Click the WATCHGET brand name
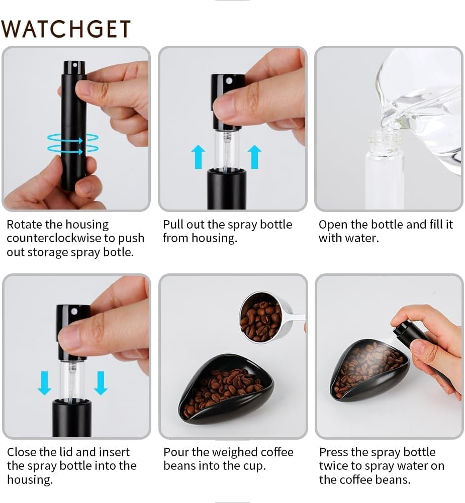(x=66, y=29)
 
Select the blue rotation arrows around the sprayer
(x=73, y=143)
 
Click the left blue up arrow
(x=199, y=156)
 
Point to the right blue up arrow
(x=255, y=156)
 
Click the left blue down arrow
(x=45, y=383)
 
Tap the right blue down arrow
(x=101, y=383)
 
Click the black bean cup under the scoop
(x=226, y=392)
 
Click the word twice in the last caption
(x=335, y=466)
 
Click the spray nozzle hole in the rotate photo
(x=74, y=65)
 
